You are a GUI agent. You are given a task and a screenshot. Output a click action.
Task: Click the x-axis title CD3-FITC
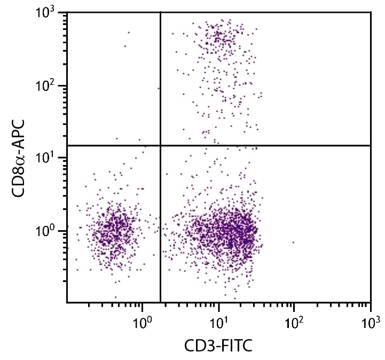click(218, 346)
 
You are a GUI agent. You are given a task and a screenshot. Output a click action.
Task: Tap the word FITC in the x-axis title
click(234, 346)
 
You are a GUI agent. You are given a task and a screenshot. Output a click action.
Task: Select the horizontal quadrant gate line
click(267, 145)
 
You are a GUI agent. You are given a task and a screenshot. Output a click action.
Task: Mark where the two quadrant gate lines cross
click(160, 145)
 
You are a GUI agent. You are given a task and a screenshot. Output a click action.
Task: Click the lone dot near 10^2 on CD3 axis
click(293, 242)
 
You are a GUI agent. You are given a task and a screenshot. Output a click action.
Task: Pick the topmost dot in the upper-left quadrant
click(129, 33)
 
